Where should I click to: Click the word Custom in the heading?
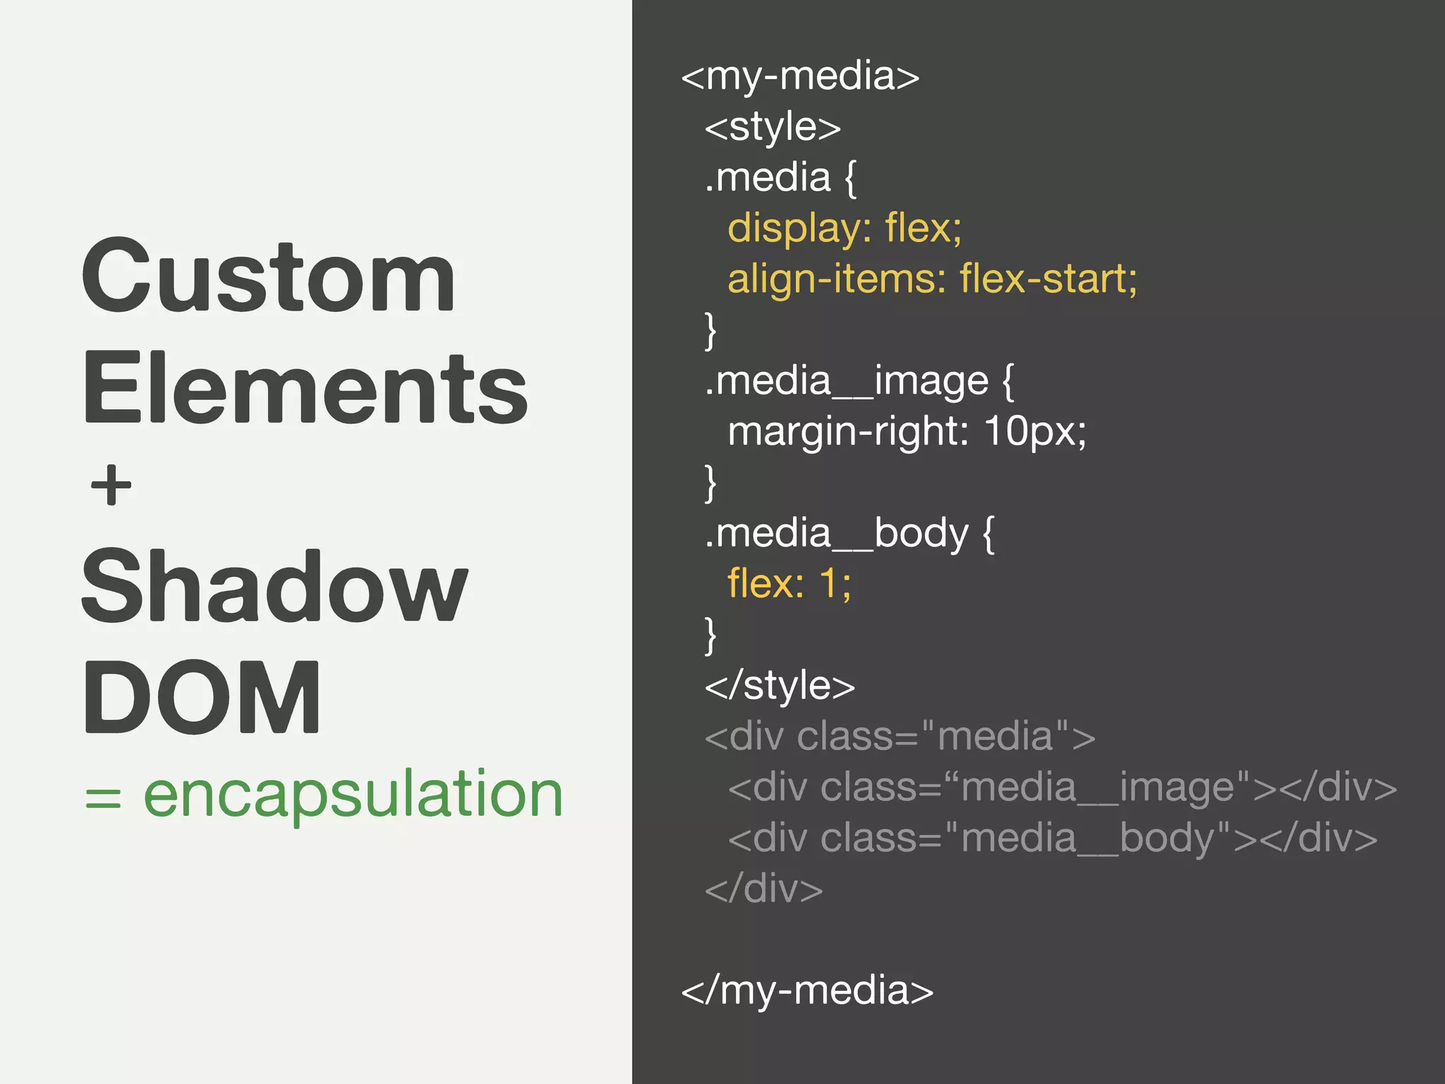[268, 277]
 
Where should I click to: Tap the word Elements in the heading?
[305, 389]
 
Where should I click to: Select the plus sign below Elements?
[111, 486]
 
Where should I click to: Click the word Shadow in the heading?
[274, 587]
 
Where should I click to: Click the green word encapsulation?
[353, 795]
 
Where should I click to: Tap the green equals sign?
[103, 798]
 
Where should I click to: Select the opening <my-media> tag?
[800, 77]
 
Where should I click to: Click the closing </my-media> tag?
[807, 990]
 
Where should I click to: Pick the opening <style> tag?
[773, 128]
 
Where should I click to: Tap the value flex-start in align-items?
[1048, 279]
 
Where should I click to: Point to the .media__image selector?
[847, 382]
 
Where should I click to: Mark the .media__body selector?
[837, 534]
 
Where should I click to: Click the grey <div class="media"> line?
[900, 737]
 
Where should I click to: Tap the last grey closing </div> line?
[763, 889]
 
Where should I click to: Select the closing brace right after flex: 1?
[711, 635]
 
